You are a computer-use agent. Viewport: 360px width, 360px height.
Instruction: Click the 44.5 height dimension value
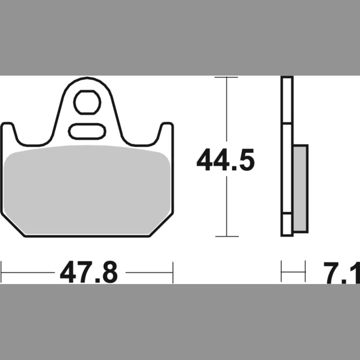(x=225, y=160)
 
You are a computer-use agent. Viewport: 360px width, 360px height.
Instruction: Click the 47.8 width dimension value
(x=89, y=272)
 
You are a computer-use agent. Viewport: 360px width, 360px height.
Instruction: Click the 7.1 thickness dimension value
(x=342, y=273)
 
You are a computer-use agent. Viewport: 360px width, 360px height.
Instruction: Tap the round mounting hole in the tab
(x=87, y=102)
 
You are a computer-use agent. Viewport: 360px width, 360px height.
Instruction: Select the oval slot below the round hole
(x=87, y=131)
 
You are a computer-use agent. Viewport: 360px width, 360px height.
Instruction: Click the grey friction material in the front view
(x=87, y=189)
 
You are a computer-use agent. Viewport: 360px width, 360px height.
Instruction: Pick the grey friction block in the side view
(x=301, y=189)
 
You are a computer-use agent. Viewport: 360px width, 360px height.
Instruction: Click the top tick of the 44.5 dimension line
(x=226, y=77)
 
